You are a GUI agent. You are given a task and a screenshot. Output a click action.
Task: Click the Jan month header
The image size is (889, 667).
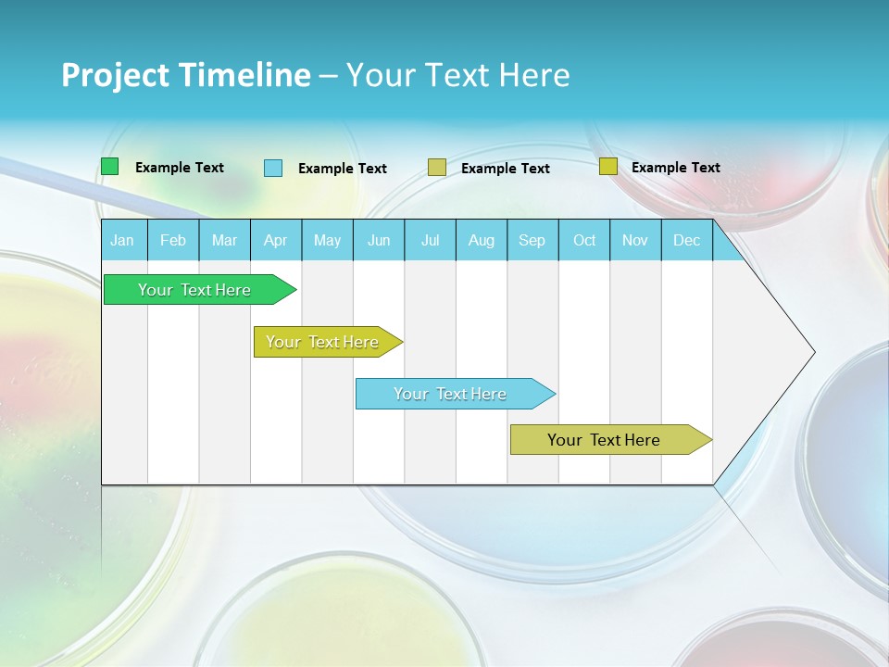[x=123, y=240]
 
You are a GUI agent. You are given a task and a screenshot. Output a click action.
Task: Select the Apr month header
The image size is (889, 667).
[x=276, y=240]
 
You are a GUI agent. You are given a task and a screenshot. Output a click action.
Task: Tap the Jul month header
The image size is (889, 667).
[x=430, y=240]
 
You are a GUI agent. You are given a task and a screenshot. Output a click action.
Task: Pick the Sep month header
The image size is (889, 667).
[x=532, y=240]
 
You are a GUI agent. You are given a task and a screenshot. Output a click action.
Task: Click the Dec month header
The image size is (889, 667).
[x=686, y=240]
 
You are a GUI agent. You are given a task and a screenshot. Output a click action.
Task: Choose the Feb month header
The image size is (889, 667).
[x=173, y=240]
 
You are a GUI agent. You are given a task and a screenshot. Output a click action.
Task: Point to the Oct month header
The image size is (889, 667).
[x=584, y=240]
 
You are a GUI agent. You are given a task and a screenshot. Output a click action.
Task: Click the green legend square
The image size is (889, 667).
[x=110, y=167]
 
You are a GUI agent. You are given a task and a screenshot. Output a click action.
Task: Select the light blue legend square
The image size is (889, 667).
[x=273, y=168]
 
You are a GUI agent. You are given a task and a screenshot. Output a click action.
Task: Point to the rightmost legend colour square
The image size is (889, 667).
[x=607, y=167]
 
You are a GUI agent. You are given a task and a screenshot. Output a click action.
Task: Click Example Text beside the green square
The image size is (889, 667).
[x=180, y=168]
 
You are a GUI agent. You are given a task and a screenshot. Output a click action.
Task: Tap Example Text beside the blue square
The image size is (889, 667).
[x=343, y=169]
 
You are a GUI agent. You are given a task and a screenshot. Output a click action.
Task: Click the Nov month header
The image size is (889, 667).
[x=635, y=240]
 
